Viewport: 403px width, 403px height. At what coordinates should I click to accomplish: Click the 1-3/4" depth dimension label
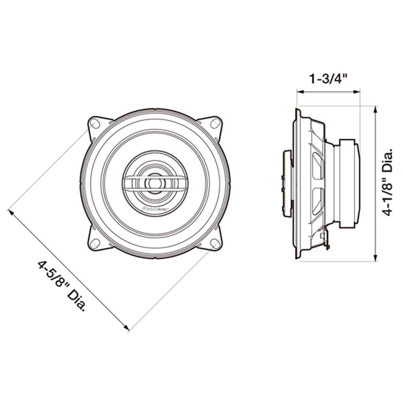329,79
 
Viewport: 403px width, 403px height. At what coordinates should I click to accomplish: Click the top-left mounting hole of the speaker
94,124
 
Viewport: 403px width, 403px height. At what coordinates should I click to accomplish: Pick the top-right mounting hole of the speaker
215,123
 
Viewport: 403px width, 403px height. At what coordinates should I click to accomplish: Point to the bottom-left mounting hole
95,243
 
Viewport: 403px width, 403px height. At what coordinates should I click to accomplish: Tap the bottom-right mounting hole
215,243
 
